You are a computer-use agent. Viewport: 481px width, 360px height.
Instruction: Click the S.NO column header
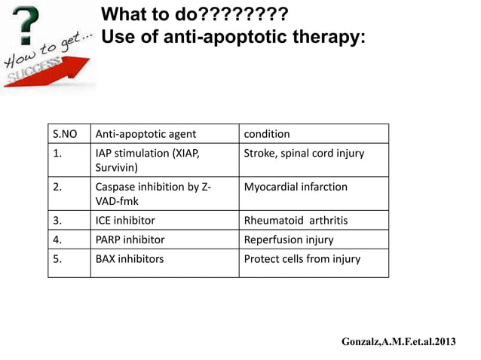click(x=66, y=134)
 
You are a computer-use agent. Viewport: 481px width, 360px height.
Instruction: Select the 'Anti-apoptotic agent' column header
click(x=146, y=134)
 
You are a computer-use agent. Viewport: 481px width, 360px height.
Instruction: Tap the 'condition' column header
click(x=267, y=134)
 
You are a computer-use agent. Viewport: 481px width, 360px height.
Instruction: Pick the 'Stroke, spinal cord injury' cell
click(x=304, y=154)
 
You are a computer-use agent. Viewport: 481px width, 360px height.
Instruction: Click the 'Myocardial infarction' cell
click(x=296, y=187)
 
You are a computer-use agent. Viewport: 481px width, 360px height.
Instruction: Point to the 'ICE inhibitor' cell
click(x=125, y=221)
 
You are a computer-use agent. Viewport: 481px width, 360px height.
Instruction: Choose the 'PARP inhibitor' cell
click(x=130, y=239)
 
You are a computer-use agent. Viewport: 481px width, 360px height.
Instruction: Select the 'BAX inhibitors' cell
click(x=130, y=258)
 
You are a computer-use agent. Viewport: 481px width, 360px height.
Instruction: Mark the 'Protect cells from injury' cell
click(x=302, y=258)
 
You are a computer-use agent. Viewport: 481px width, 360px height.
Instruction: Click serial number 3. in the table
click(x=57, y=221)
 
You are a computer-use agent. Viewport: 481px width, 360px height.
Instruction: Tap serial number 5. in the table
click(x=57, y=258)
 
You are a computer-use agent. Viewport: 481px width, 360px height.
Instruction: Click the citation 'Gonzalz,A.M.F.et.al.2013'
click(x=398, y=342)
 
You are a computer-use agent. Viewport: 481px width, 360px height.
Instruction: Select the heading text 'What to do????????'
click(x=194, y=14)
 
